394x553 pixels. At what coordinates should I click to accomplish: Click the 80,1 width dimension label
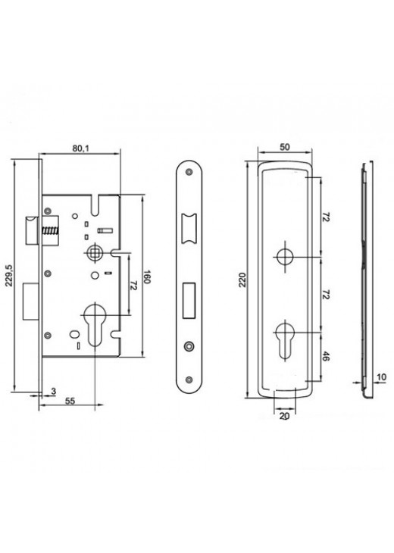click(81, 148)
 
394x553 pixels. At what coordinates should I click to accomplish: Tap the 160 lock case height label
click(147, 277)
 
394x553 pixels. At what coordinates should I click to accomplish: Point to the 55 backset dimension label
click(70, 401)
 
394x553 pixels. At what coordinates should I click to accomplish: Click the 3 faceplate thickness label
click(53, 391)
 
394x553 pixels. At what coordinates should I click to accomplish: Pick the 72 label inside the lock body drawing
click(133, 286)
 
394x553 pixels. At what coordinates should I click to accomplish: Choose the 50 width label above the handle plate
click(285, 147)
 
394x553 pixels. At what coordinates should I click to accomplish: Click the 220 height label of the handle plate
click(242, 280)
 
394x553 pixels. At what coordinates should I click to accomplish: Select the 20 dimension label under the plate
click(284, 416)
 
